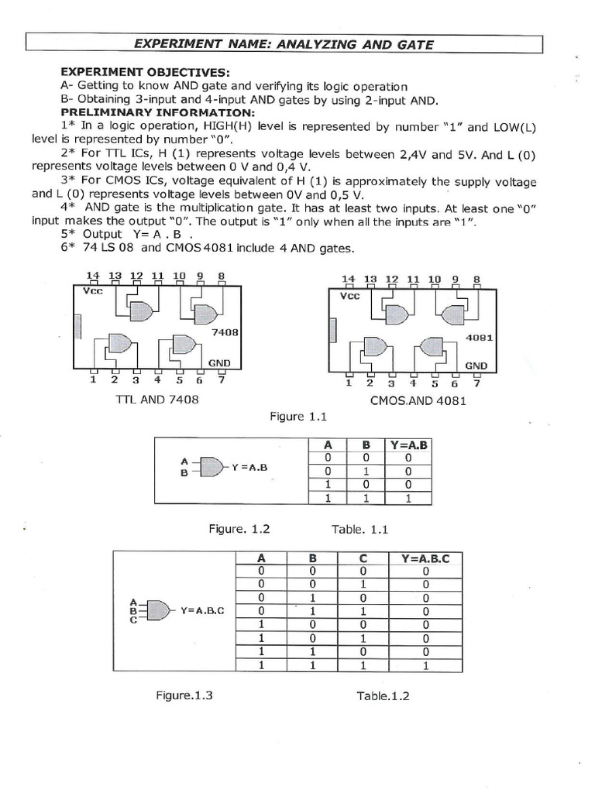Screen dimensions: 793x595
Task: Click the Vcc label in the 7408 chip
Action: (93, 293)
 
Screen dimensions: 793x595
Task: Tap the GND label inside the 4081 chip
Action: (476, 365)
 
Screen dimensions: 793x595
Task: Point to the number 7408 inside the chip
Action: (225, 331)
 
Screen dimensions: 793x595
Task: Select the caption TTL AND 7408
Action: (156, 400)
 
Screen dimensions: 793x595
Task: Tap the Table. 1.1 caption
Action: (359, 530)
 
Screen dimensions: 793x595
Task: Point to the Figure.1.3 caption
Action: (184, 695)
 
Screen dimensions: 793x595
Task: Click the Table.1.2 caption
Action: (383, 695)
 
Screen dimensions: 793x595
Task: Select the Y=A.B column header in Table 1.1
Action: (409, 445)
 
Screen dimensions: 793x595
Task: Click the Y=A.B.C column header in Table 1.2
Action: (425, 558)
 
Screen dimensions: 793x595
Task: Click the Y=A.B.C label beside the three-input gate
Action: (202, 610)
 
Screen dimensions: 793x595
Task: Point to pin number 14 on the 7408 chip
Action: (94, 275)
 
